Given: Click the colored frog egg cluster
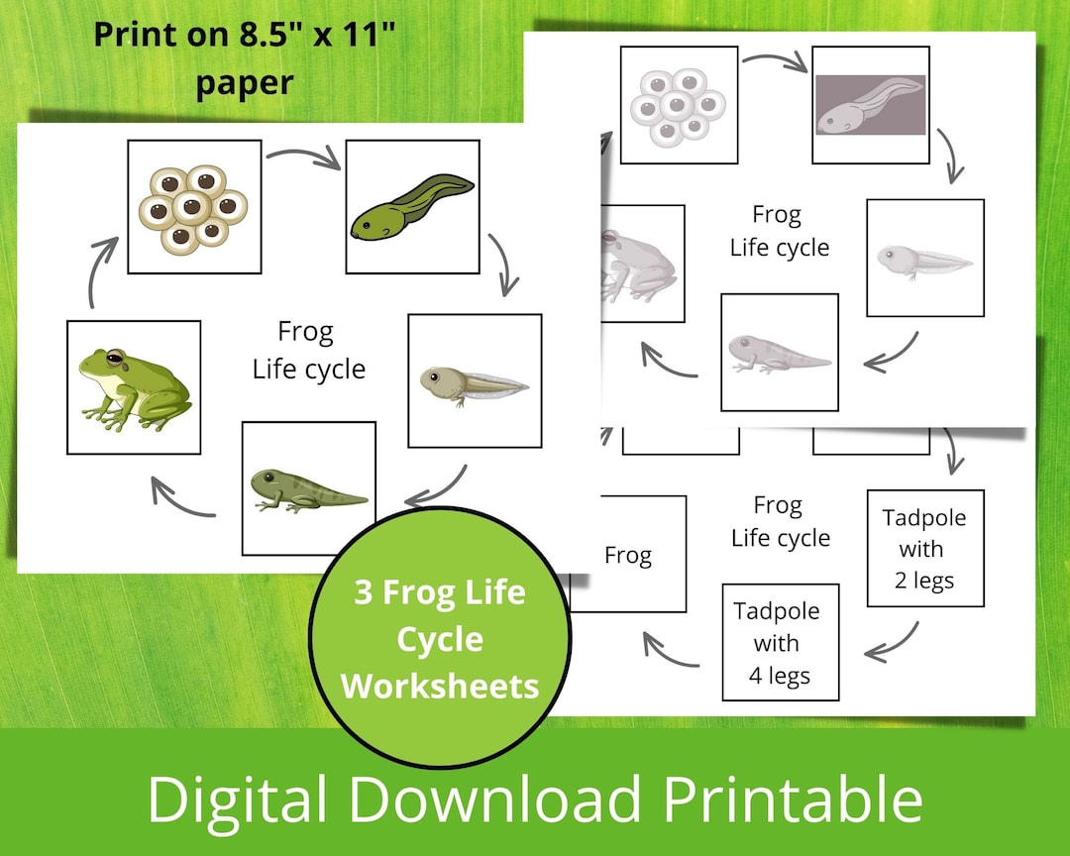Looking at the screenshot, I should click(194, 206).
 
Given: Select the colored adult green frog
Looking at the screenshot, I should click(133, 387).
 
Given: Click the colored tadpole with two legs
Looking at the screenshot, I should click(474, 383).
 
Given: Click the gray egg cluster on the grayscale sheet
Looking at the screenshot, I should click(680, 104).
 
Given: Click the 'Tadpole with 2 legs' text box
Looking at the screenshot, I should click(924, 548).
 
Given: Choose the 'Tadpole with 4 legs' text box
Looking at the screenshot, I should click(780, 643).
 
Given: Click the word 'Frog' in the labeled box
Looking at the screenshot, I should click(628, 555).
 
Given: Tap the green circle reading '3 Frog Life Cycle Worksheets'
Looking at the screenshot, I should click(440, 639).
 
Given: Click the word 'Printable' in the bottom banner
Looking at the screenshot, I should click(794, 799).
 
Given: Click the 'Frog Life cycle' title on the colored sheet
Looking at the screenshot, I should click(307, 350).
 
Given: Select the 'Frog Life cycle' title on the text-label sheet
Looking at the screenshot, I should click(780, 521).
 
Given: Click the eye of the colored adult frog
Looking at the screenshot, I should click(116, 356).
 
